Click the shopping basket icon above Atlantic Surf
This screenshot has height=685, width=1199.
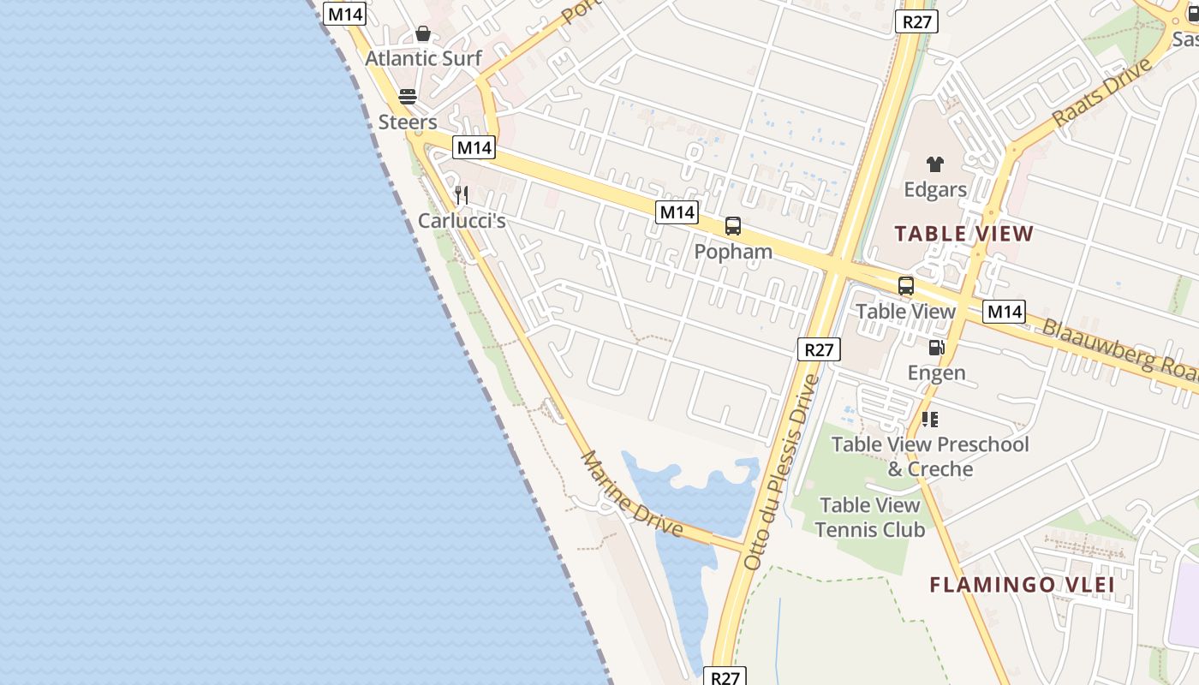click(x=423, y=34)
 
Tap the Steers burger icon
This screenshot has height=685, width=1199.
click(x=408, y=96)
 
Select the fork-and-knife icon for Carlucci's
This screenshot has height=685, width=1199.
click(x=462, y=195)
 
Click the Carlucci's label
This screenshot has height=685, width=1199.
click(x=462, y=221)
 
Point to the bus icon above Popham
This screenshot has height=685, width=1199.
click(x=733, y=226)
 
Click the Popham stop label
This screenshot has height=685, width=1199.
click(x=733, y=252)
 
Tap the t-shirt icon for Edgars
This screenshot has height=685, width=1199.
click(x=934, y=164)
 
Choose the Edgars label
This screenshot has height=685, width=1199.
click(x=935, y=190)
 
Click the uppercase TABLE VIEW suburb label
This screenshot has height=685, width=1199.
click(x=964, y=234)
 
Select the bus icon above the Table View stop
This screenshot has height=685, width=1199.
click(x=906, y=286)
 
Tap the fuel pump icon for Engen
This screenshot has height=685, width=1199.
click(x=936, y=348)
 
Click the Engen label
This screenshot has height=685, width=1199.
click(x=936, y=372)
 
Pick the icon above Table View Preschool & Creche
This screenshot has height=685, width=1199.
click(x=930, y=420)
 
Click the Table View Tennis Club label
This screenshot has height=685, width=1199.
click(x=870, y=517)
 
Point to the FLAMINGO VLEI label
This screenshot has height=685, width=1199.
click(x=1022, y=585)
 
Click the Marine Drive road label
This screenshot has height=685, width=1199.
click(x=632, y=494)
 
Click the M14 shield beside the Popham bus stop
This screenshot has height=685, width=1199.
click(x=677, y=212)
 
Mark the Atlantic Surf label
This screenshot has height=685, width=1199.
click(x=423, y=59)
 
